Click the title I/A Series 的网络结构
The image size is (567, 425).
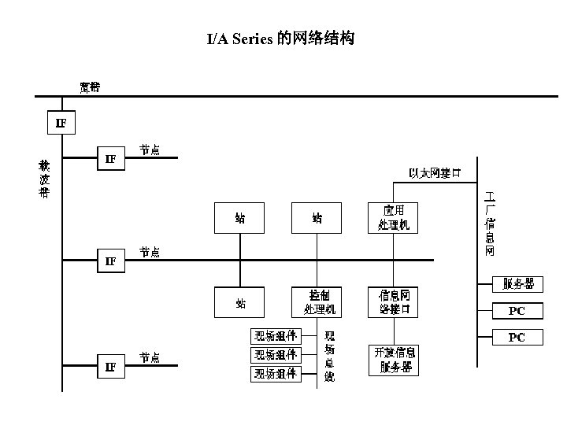[x=280, y=39]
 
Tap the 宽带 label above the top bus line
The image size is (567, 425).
[x=90, y=87]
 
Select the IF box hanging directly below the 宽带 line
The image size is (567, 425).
[x=61, y=123]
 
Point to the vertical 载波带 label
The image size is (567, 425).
[x=44, y=179]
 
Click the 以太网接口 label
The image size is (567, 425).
[x=435, y=173]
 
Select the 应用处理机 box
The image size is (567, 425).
[x=393, y=218]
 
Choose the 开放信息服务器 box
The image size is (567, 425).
[x=394, y=359]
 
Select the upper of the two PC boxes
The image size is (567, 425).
[x=517, y=311]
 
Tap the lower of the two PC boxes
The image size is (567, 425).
[x=517, y=338]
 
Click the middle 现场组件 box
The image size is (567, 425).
[x=275, y=355]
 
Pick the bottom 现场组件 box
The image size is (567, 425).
[x=275, y=374]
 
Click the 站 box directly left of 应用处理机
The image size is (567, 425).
[x=317, y=218]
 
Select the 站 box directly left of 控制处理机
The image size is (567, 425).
[x=240, y=302]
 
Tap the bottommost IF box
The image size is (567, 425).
[x=110, y=366]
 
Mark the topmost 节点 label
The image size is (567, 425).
[x=150, y=150]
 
